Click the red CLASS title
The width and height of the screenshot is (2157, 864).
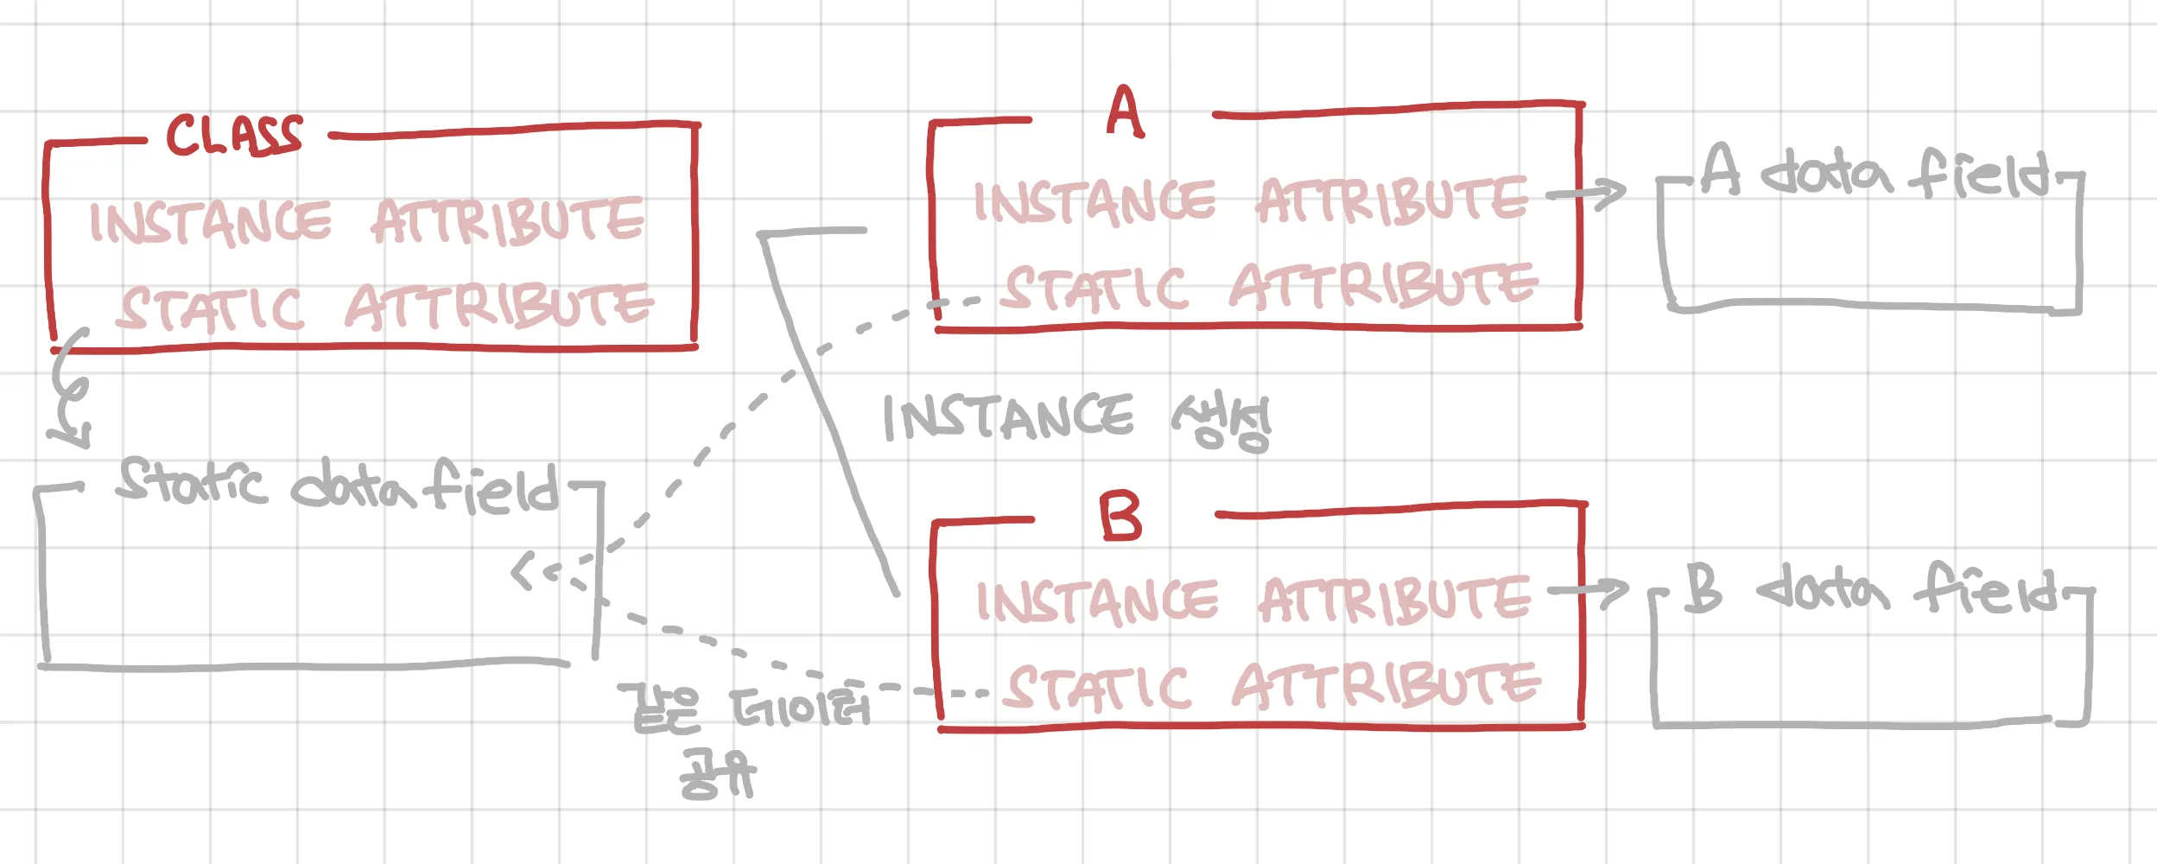tap(234, 136)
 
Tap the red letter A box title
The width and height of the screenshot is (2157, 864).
tap(1125, 112)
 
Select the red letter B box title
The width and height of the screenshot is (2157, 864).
tap(1120, 517)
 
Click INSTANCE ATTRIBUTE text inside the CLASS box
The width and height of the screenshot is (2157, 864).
tap(366, 221)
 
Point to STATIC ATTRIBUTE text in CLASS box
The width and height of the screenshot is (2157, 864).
tap(385, 307)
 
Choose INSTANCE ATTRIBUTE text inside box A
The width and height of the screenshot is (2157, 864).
tap(1250, 201)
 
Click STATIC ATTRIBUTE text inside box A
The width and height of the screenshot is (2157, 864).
tap(1270, 286)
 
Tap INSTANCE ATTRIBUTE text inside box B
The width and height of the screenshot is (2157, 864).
tap(1253, 600)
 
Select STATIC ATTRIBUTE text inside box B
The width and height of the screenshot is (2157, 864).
tap(1273, 686)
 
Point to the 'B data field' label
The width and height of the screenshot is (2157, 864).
tap(1870, 589)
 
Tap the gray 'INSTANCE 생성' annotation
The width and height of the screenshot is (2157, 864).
tap(1075, 420)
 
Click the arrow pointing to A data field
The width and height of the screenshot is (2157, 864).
tap(1585, 194)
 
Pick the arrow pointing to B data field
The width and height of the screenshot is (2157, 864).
tap(1588, 592)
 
